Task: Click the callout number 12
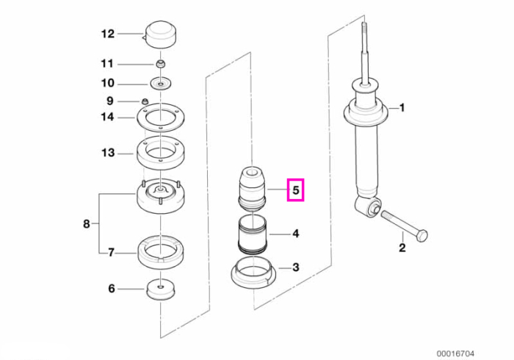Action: click(x=108, y=34)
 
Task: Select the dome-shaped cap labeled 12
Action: click(x=159, y=35)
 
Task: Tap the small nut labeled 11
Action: click(x=160, y=64)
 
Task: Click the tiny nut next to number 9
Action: click(x=145, y=101)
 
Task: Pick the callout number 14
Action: click(x=107, y=117)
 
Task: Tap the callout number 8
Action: click(x=86, y=224)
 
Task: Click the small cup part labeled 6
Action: click(x=160, y=289)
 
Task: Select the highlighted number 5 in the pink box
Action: click(x=296, y=190)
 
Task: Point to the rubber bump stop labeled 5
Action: click(x=252, y=189)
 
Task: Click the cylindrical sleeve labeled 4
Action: click(x=252, y=235)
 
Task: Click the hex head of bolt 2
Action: click(x=422, y=236)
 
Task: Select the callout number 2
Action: click(x=402, y=248)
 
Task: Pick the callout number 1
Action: click(x=402, y=107)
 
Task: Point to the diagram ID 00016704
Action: click(x=455, y=354)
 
